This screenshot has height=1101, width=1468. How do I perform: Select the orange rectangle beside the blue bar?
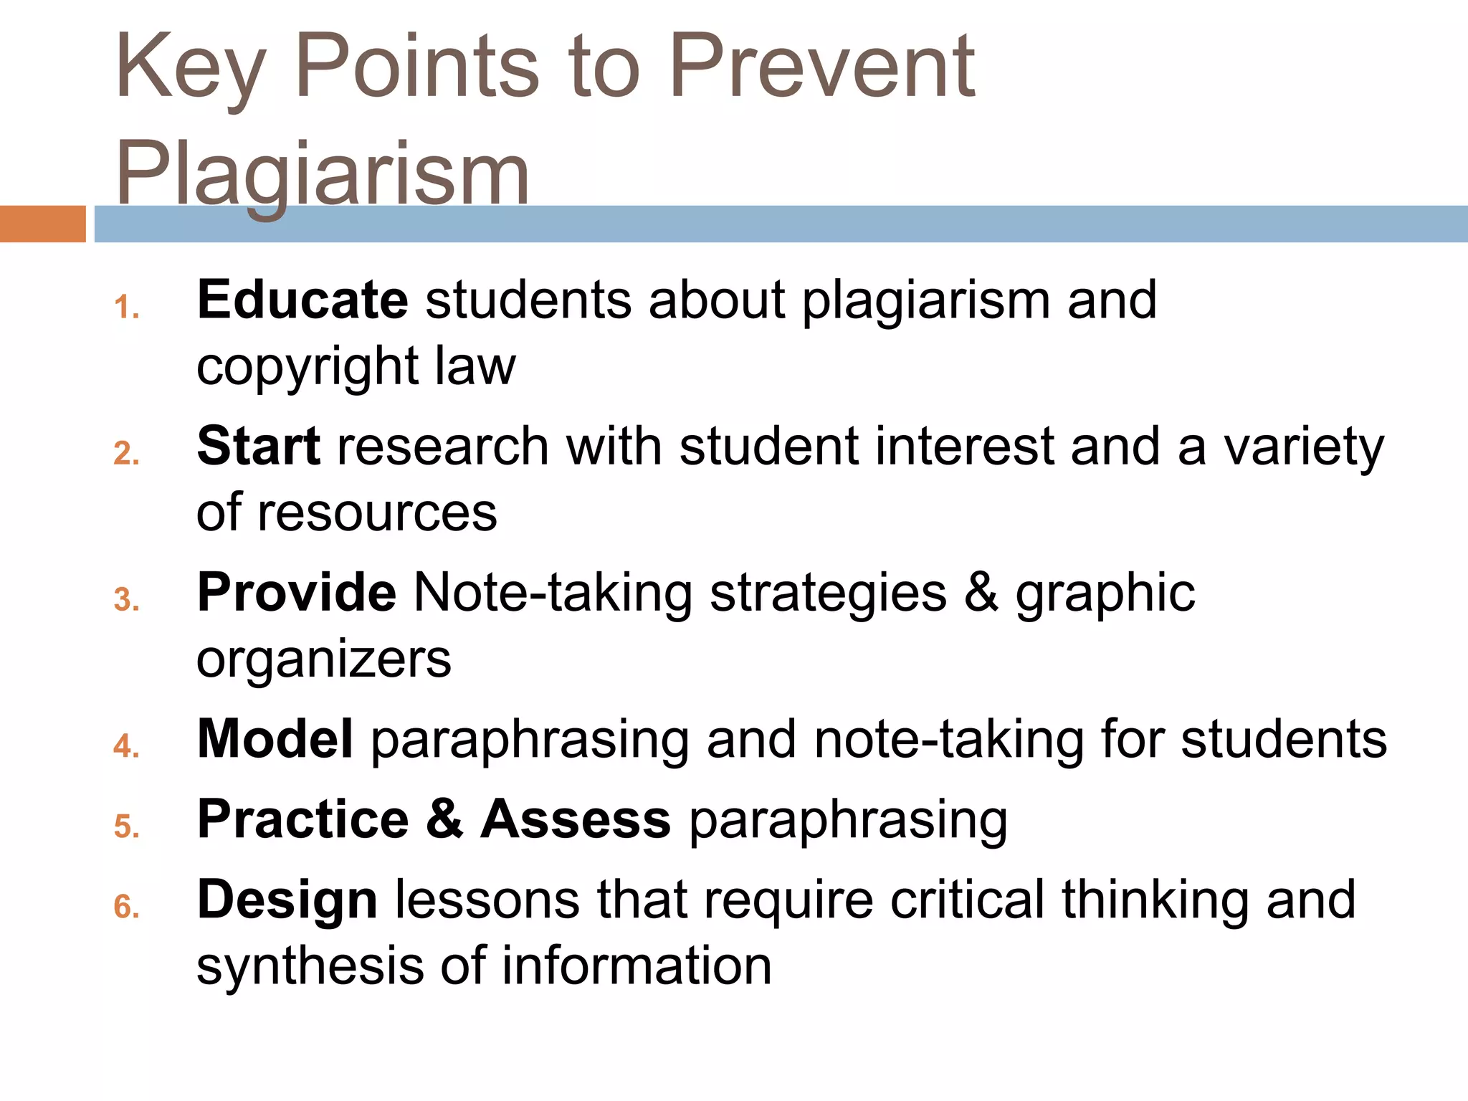pos(42,224)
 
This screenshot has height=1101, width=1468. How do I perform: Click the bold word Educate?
pos(302,300)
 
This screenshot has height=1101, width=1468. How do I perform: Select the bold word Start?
pos(258,446)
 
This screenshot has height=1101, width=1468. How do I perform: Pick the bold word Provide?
pos(296,592)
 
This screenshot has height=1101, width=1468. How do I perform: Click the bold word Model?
pos(275,738)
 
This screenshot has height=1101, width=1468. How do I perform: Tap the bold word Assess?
pos(576,819)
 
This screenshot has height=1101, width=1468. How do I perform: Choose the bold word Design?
pos(287,899)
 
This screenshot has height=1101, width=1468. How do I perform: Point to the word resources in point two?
pos(377,513)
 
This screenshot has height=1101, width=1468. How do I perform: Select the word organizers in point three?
pos(323,659)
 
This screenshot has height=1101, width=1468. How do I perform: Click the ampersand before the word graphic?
pos(981,592)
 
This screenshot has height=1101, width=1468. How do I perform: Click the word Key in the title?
pos(190,68)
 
